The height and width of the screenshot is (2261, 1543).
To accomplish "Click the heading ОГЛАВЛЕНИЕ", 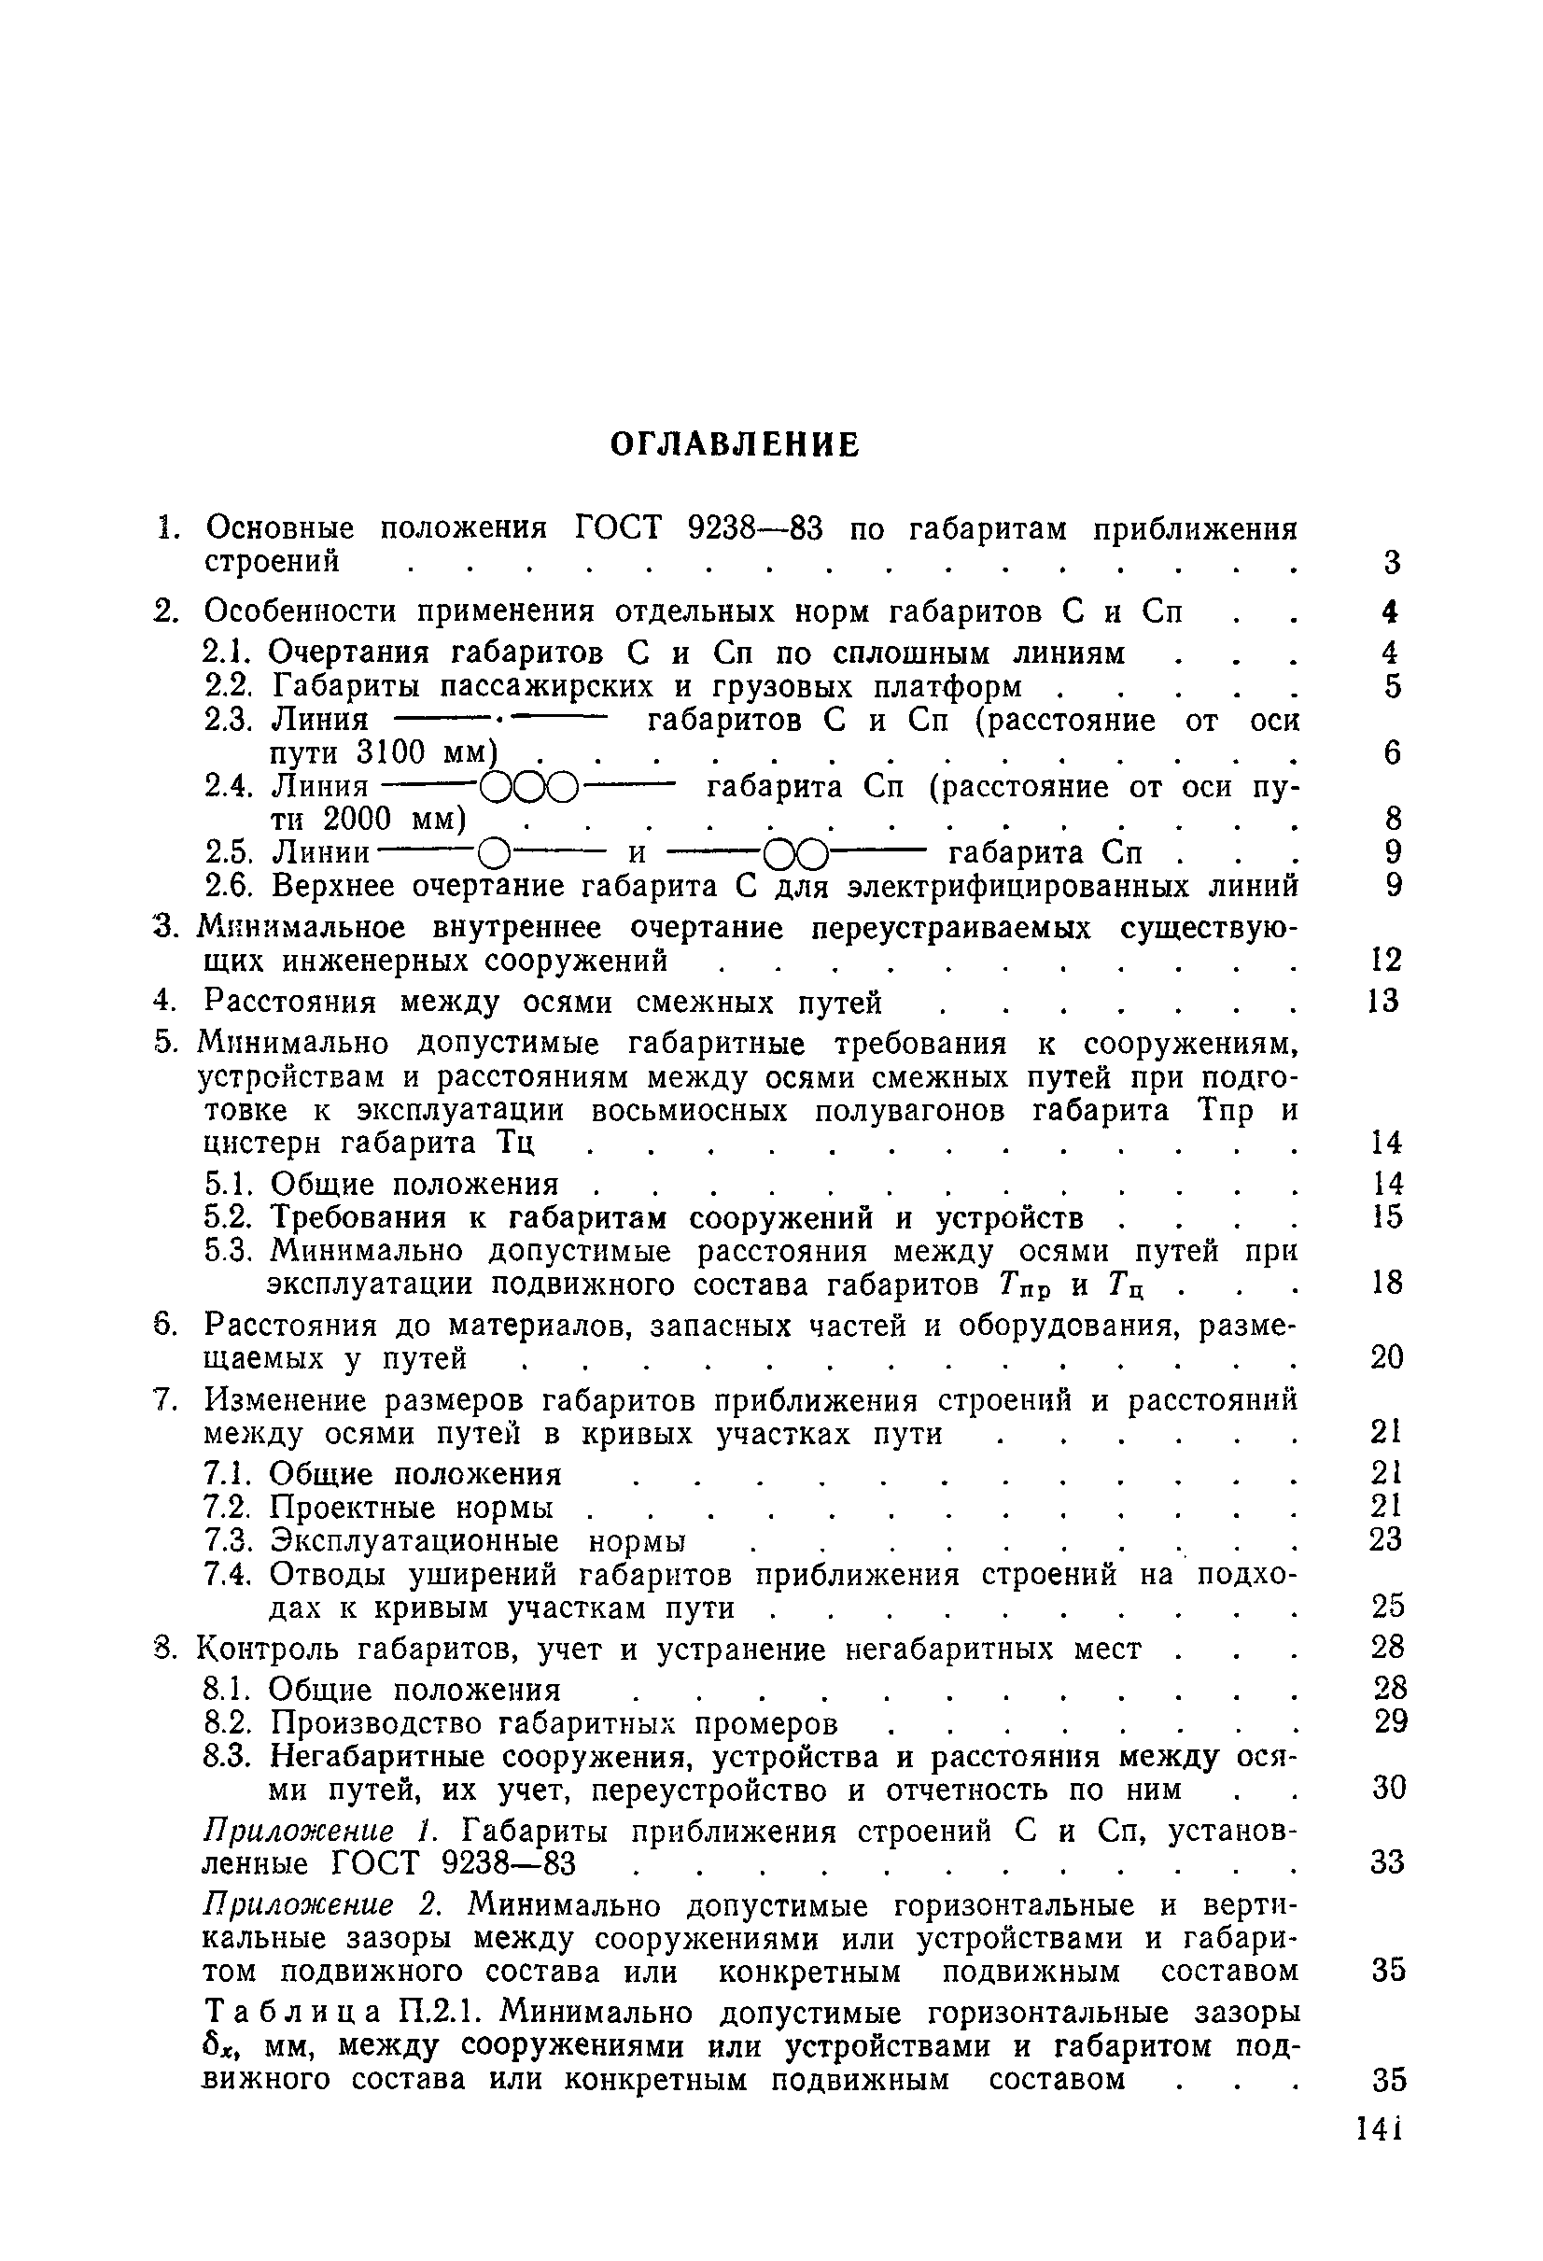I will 735,444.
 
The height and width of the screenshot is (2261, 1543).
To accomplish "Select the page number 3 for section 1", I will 1391,561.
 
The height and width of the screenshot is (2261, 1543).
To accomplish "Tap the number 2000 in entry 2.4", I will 358,820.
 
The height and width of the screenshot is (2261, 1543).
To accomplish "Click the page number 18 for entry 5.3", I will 1386,1284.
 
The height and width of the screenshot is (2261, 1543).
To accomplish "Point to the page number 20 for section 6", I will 1386,1357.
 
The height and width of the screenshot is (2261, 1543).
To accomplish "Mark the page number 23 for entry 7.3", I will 1386,1538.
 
